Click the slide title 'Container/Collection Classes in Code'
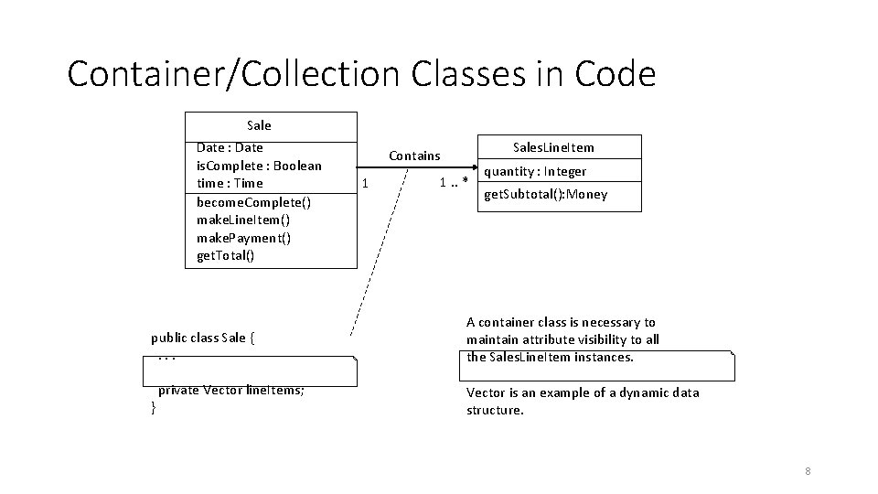click(361, 73)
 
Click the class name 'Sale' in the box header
click(259, 125)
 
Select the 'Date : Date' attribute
click(230, 147)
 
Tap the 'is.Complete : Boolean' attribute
click(259, 166)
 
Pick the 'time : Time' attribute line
click(230, 183)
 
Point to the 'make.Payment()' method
click(243, 238)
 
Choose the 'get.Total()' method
click(226, 256)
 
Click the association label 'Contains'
click(414, 156)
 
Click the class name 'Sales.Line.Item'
click(553, 147)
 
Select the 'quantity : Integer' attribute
click(535, 172)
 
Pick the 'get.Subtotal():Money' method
click(545, 195)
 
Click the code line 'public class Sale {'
click(202, 338)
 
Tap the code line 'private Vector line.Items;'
click(231, 390)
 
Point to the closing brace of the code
click(154, 408)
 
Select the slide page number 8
click(808, 471)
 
